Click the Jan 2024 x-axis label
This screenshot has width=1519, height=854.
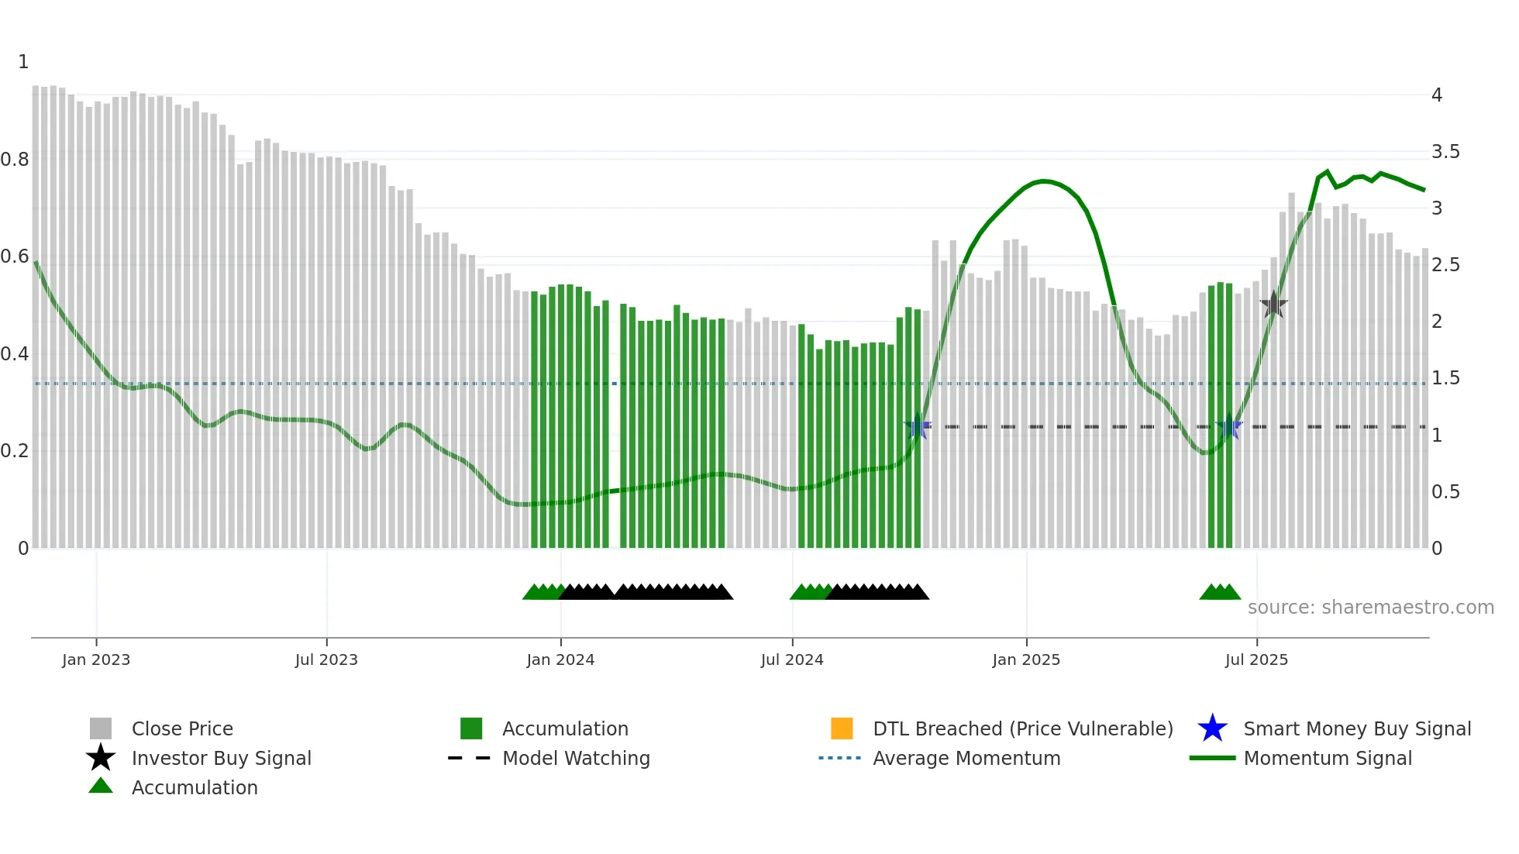(560, 659)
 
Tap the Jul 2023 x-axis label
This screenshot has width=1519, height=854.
(326, 659)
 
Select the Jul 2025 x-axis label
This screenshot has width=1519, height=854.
(1256, 659)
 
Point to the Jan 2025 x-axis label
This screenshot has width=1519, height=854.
(1026, 659)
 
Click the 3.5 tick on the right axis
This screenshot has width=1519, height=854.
(1445, 152)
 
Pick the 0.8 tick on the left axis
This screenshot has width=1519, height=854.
(15, 160)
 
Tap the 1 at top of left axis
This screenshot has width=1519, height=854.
(23, 62)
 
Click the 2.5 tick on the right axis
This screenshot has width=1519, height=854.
(1445, 265)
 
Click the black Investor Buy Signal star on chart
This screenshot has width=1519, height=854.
(1273, 305)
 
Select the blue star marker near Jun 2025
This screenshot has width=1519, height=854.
(1229, 426)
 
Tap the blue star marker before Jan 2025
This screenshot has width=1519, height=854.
(918, 426)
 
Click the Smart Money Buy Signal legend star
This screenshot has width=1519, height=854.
(1212, 728)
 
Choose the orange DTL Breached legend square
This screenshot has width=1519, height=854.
(842, 728)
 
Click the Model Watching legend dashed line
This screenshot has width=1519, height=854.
(469, 758)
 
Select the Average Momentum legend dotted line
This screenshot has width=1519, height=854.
(839, 758)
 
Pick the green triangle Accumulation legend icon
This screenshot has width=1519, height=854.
(101, 786)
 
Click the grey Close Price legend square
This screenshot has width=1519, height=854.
(101, 728)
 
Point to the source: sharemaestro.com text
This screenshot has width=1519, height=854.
(1370, 608)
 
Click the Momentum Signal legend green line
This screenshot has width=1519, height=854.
(1212, 758)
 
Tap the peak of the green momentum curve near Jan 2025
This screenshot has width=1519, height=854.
(1044, 181)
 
